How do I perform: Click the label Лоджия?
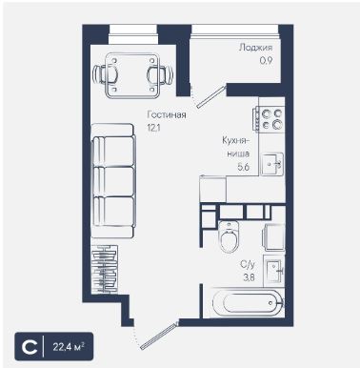[x=255, y=48]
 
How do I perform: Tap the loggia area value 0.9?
[x=266, y=60]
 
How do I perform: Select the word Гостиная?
[x=167, y=114]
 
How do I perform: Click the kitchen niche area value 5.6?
[x=244, y=167]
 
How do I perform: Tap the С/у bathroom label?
[x=248, y=264]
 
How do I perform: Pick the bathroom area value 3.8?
[x=249, y=277]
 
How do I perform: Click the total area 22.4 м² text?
[x=69, y=346]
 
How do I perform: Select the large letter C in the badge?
[x=30, y=346]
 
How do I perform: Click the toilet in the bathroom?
[x=230, y=236]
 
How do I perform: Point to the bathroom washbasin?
[x=273, y=272]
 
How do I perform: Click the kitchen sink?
[x=271, y=164]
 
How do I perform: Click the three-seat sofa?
[x=113, y=181]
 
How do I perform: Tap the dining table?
[x=132, y=75]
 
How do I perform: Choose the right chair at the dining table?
[x=160, y=75]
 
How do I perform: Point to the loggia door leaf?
[x=211, y=96]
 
